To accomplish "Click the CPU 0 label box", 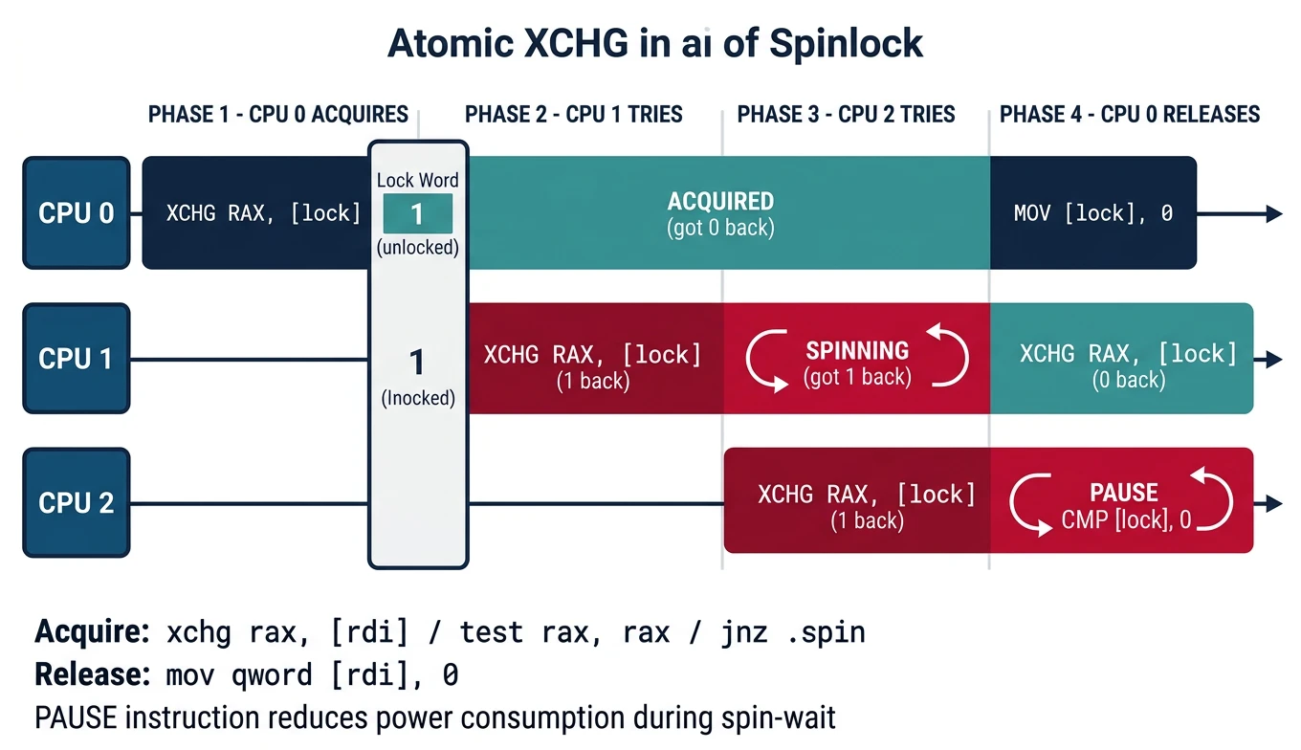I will click(x=76, y=212).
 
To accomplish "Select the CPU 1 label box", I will click(x=76, y=359).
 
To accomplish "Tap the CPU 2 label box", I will click(x=76, y=503).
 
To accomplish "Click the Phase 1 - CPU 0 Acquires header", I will click(x=277, y=115).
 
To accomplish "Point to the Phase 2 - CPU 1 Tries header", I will click(x=573, y=115).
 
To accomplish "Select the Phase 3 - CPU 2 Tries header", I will click(x=846, y=115).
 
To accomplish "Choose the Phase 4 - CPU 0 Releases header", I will click(x=1129, y=115).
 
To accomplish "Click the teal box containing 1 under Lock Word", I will click(x=417, y=213).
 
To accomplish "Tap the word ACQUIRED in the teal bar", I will click(x=720, y=201).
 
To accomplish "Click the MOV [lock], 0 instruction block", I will click(x=1092, y=213).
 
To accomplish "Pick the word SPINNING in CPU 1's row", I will click(x=857, y=350).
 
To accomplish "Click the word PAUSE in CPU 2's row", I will click(x=1124, y=493).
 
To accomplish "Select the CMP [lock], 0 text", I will click(x=1126, y=521).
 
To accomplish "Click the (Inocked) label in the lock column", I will click(x=418, y=398).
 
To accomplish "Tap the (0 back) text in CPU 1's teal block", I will click(x=1128, y=380).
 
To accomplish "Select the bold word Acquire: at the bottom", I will click(x=91, y=632).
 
